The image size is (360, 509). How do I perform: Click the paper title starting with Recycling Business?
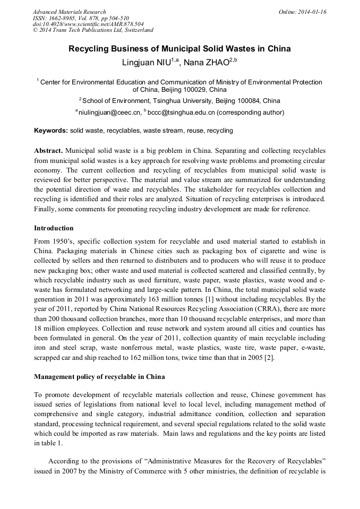[179, 49]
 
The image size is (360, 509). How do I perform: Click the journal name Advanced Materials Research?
[69, 12]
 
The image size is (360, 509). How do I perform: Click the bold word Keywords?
[51, 131]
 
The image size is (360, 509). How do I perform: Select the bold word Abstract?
[49, 150]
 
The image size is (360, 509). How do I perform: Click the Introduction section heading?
[54, 228]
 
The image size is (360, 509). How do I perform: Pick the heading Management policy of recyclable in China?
[99, 377]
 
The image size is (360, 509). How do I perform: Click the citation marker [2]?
[269, 358]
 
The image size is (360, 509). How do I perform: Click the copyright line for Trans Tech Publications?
[93, 30]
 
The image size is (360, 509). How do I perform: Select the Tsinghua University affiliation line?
[179, 101]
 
